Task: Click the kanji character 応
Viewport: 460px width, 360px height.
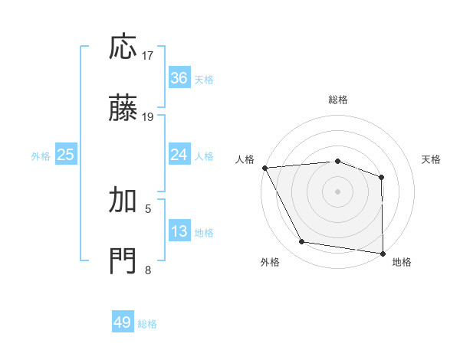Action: [x=123, y=47]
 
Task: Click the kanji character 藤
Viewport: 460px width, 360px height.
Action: [x=123, y=110]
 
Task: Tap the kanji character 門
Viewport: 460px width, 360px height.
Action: [x=123, y=261]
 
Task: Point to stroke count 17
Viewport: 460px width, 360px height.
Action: [x=148, y=56]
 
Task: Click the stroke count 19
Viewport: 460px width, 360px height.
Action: [x=148, y=117]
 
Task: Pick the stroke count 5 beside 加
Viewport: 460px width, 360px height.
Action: [x=148, y=208]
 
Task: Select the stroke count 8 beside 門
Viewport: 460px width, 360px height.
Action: [x=148, y=270]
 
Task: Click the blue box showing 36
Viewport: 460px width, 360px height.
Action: [x=179, y=78]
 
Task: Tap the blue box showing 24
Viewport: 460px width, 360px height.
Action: [x=179, y=155]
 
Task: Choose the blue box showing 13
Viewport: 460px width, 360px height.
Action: [x=179, y=231]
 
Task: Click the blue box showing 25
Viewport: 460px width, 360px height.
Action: [x=66, y=155]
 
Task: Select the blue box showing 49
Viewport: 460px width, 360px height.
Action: [x=123, y=322]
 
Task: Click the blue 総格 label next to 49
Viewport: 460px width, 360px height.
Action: [x=147, y=324]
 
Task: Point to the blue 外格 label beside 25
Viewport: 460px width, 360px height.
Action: [x=41, y=156]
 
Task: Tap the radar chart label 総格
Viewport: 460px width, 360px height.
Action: [x=338, y=100]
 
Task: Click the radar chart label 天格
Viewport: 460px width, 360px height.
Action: [x=432, y=159]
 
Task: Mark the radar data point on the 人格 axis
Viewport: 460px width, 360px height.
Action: [x=264, y=168]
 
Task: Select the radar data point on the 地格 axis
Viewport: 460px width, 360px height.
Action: [x=383, y=253]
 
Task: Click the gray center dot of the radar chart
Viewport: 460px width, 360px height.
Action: [x=337, y=191]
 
